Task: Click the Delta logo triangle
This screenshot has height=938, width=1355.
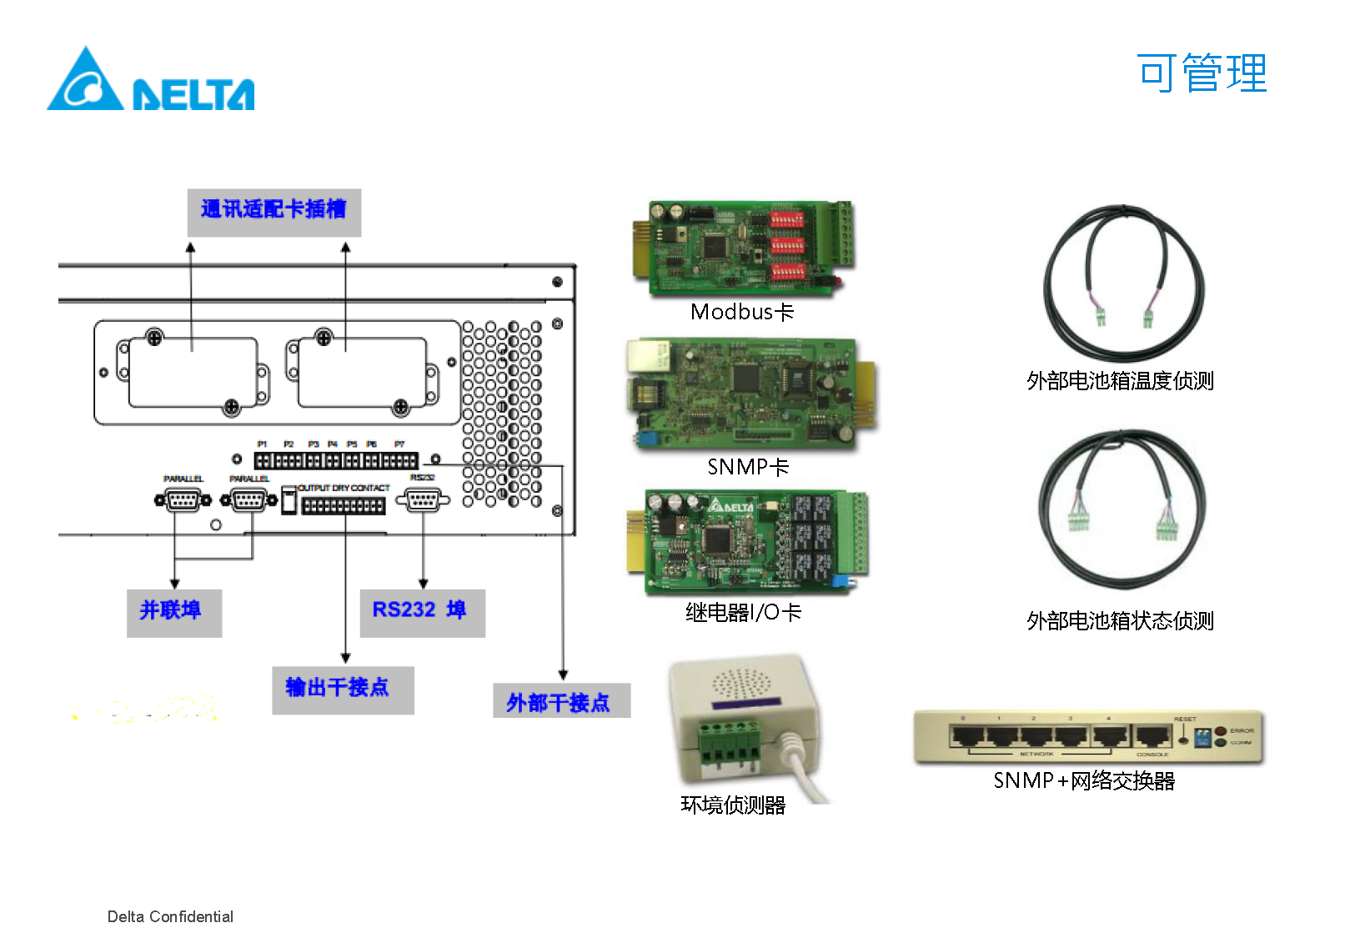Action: [85, 81]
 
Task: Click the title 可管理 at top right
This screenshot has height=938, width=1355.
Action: [1201, 73]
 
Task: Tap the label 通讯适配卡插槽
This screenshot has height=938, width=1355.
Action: [274, 210]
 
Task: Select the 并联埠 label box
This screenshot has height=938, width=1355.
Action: [173, 612]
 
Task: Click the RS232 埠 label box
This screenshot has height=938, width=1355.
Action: [422, 612]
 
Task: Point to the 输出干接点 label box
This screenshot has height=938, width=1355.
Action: [342, 689]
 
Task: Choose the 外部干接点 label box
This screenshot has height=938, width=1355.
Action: [560, 702]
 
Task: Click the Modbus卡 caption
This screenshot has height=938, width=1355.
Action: [742, 313]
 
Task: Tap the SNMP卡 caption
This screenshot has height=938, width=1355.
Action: [748, 467]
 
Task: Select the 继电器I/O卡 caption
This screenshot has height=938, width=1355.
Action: [743, 613]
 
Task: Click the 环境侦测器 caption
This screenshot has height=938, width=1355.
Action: [733, 805]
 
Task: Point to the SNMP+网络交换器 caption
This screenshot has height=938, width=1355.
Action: [1084, 780]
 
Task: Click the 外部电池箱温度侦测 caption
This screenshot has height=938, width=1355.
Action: [1120, 381]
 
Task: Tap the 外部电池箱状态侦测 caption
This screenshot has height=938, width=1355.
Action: [1120, 621]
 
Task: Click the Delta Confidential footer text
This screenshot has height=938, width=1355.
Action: [170, 917]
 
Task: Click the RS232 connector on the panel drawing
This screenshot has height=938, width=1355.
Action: [423, 500]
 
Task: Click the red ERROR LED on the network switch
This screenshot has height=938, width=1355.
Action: [1221, 731]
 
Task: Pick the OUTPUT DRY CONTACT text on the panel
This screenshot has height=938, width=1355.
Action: [344, 488]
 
